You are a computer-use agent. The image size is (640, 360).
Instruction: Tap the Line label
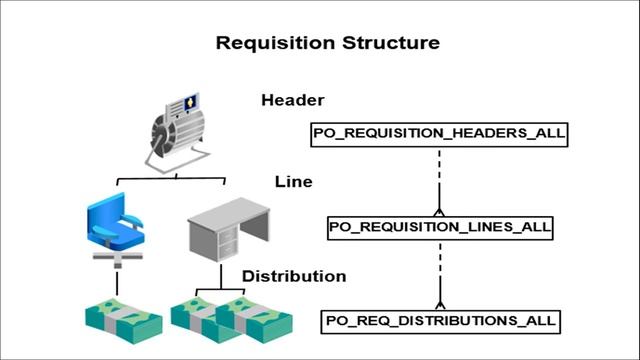pos(293,182)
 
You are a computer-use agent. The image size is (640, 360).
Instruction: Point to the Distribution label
pos(294,276)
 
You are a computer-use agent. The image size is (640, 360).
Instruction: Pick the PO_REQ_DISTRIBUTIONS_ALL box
pos(439,322)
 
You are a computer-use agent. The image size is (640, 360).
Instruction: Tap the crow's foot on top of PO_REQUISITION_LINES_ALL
pos(439,211)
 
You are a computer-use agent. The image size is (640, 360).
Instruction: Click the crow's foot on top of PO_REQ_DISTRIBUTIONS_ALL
pos(439,305)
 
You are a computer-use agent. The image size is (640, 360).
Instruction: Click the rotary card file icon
pos(175,130)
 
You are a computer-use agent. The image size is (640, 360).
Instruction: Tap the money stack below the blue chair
pos(123,319)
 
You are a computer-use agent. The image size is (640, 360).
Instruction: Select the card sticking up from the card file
pos(187,102)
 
